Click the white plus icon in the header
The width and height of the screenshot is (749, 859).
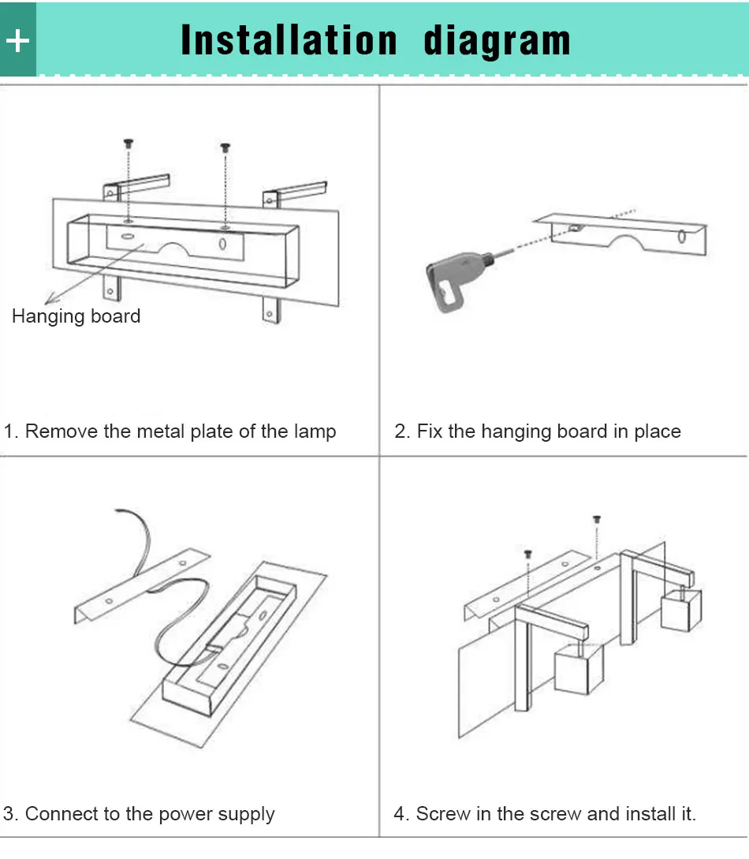click(x=17, y=41)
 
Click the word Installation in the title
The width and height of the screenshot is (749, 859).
click(x=289, y=40)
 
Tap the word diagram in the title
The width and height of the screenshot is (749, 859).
click(x=497, y=41)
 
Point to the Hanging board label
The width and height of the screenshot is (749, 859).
click(x=76, y=316)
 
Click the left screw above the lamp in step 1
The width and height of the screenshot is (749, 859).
click(x=129, y=144)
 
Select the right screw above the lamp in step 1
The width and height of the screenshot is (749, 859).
click(x=225, y=148)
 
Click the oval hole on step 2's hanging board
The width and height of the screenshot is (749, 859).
click(x=682, y=237)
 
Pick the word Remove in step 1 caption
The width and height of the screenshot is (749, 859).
click(x=61, y=431)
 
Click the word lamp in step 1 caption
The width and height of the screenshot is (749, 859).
click(x=315, y=431)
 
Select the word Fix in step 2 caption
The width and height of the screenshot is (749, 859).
click(x=429, y=431)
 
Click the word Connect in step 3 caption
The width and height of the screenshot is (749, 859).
click(x=61, y=813)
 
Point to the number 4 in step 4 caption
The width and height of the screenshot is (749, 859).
click(x=401, y=813)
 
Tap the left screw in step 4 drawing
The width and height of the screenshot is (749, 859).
click(x=528, y=554)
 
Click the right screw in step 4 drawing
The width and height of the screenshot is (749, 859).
click(x=597, y=519)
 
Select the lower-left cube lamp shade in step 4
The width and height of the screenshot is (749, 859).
click(x=579, y=670)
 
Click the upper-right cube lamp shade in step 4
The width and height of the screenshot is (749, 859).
click(x=681, y=610)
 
